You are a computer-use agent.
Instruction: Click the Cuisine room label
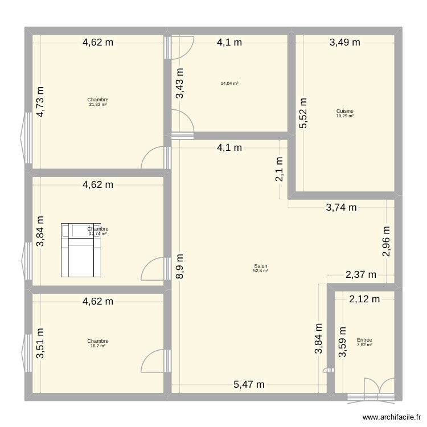[344, 112]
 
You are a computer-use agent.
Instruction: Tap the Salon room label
[261, 266]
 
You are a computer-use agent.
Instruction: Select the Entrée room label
[364, 340]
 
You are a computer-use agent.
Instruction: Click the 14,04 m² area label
[229, 84]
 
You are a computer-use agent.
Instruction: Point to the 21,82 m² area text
[98, 105]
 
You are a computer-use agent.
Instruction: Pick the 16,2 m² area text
[98, 346]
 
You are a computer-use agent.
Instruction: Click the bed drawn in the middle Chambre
[81, 250]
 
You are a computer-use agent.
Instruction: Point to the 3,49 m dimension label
[346, 42]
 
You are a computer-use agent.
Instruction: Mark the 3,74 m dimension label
[341, 208]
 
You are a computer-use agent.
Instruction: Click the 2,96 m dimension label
[386, 242]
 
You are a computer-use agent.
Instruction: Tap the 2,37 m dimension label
[361, 274]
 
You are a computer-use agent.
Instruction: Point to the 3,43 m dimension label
[180, 84]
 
